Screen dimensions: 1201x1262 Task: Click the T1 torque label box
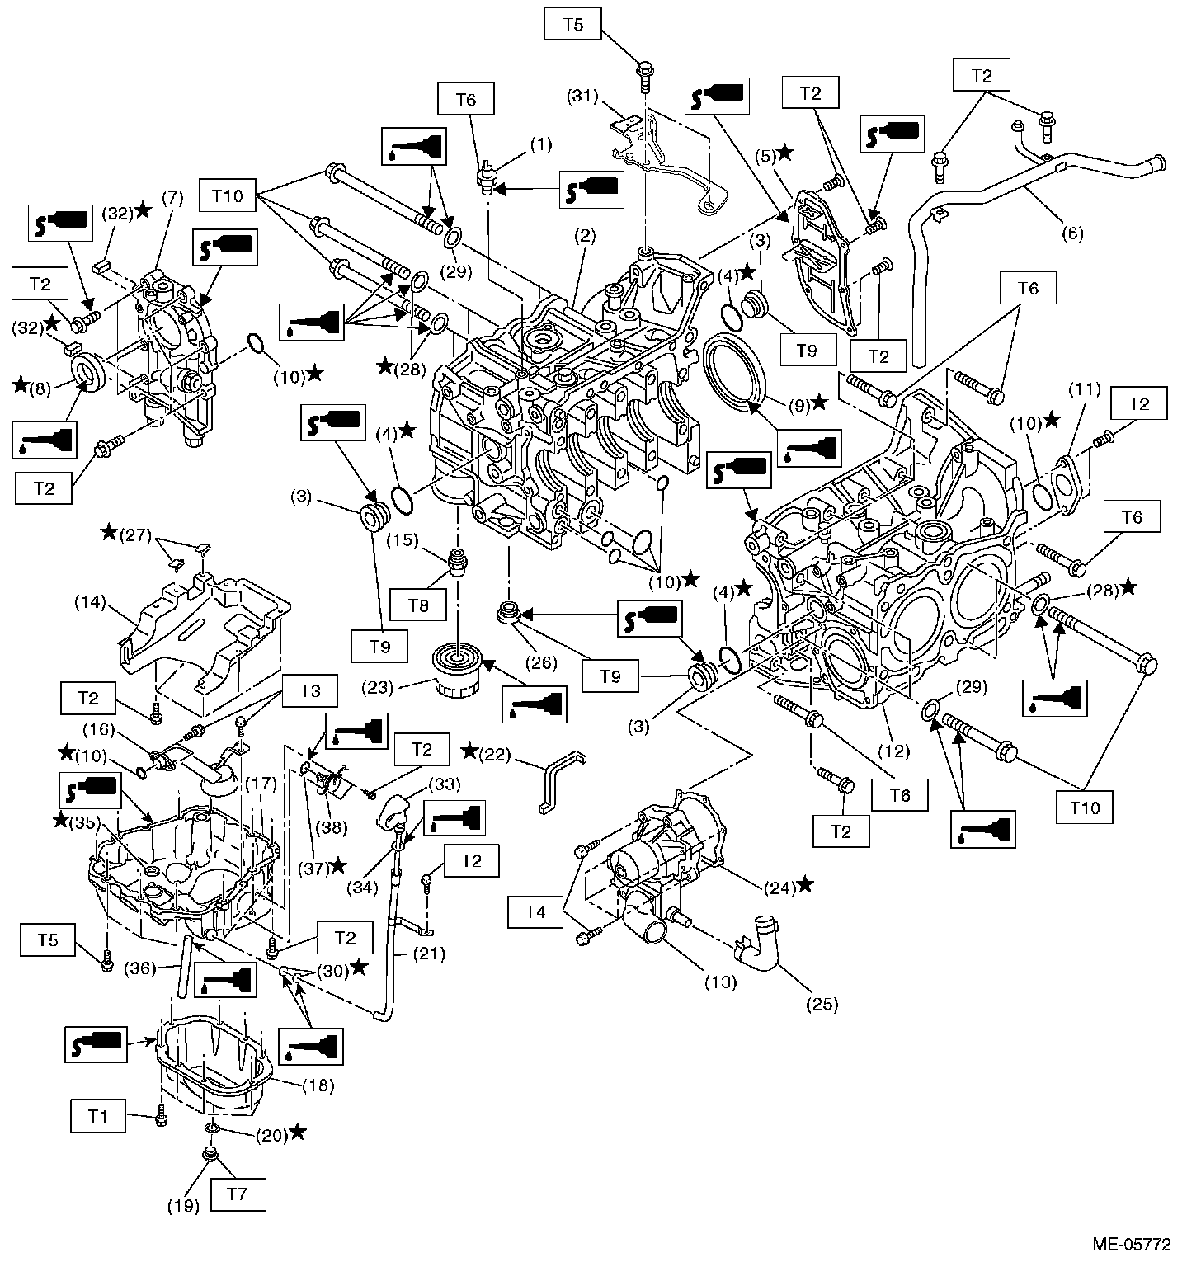pos(98,1117)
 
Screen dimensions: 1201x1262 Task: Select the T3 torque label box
pos(311,690)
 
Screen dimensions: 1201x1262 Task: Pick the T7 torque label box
pos(238,1193)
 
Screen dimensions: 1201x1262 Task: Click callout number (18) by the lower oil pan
pos(318,1085)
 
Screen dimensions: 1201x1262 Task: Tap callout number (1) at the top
pos(541,145)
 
